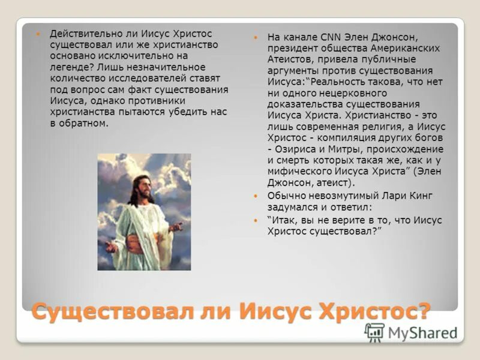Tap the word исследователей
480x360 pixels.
[136, 78]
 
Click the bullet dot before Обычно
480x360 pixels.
[256, 196]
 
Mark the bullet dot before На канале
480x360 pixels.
[256, 37]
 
